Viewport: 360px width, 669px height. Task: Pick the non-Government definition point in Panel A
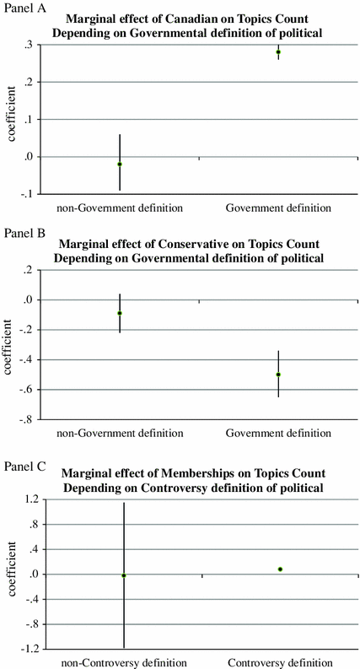point(120,164)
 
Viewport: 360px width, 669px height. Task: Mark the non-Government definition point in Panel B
point(120,313)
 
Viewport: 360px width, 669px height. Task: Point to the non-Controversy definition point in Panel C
point(124,575)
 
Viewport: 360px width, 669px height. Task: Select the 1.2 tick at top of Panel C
point(31,500)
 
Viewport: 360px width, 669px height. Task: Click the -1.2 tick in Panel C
point(30,649)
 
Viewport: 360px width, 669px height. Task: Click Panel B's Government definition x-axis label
point(278,433)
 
